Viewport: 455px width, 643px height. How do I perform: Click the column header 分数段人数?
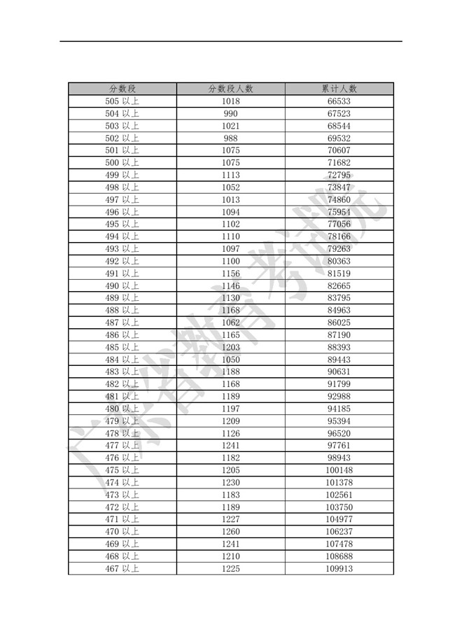click(x=230, y=89)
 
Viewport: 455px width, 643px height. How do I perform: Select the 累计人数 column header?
click(x=339, y=89)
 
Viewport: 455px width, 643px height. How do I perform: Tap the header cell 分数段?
click(x=122, y=89)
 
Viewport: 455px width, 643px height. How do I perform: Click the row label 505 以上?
click(x=122, y=101)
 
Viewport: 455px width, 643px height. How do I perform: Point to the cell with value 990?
click(x=230, y=114)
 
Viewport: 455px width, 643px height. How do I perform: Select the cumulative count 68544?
click(x=339, y=126)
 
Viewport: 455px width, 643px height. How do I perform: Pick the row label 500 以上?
click(x=122, y=163)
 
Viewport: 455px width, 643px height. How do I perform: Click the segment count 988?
click(x=230, y=139)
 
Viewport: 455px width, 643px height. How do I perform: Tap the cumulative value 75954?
click(x=339, y=212)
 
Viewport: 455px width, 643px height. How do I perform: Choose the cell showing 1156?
click(x=230, y=274)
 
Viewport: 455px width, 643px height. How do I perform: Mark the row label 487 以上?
click(x=122, y=323)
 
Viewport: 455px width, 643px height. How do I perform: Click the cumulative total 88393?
click(x=339, y=348)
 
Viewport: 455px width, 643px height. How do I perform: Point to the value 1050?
click(x=230, y=360)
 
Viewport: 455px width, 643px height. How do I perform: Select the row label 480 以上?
click(x=122, y=409)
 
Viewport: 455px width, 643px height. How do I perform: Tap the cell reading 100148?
click(x=339, y=470)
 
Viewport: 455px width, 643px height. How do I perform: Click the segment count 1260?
click(x=230, y=532)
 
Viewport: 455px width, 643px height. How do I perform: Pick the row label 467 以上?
click(x=122, y=569)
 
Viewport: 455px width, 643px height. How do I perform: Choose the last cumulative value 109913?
click(x=339, y=569)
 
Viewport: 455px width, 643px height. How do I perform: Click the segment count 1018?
click(x=230, y=101)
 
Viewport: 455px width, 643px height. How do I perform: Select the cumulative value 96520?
click(x=339, y=433)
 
